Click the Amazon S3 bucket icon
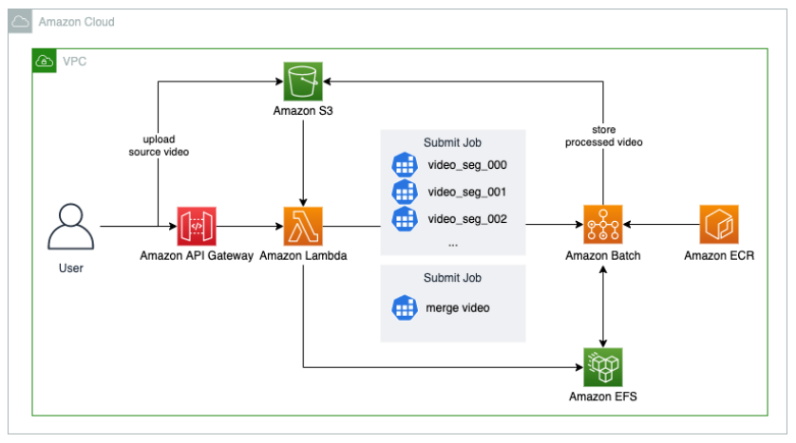pyautogui.click(x=304, y=82)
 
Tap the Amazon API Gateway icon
pyautogui.click(x=197, y=226)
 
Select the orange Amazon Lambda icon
pyautogui.click(x=303, y=226)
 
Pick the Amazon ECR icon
pyautogui.click(x=719, y=226)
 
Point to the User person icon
pyautogui.click(x=71, y=226)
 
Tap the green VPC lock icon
pyautogui.click(x=45, y=62)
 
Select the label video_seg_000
pyautogui.click(x=467, y=165)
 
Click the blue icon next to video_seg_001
pyautogui.click(x=406, y=192)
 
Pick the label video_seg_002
pyautogui.click(x=467, y=218)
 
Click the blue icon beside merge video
pyautogui.click(x=406, y=308)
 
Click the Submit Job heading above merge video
pyautogui.click(x=452, y=279)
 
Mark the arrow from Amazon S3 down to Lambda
pyautogui.click(x=304, y=152)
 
